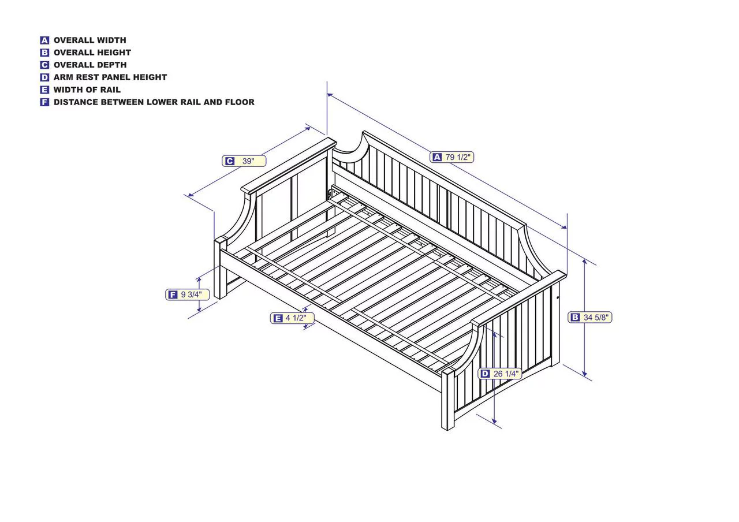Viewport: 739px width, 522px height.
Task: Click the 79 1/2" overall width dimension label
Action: tap(451, 157)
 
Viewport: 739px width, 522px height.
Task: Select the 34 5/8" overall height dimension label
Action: tap(590, 318)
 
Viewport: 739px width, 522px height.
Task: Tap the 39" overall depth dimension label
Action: tap(244, 161)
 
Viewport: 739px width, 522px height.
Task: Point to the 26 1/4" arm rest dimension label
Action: tap(500, 374)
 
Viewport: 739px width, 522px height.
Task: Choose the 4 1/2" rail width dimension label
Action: tap(292, 318)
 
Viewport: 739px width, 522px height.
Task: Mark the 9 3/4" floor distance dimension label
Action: tap(188, 294)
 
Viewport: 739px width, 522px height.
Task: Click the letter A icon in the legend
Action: tap(44, 40)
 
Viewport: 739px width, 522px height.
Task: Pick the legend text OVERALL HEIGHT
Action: tap(92, 53)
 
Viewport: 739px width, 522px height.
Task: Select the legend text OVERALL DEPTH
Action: tap(90, 65)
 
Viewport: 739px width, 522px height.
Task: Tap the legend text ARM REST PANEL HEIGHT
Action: tap(110, 77)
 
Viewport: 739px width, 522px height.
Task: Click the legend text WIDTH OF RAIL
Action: tap(87, 90)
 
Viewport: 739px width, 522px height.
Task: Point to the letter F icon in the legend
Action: tap(44, 102)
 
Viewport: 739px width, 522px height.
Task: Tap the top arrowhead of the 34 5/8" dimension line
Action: tap(585, 261)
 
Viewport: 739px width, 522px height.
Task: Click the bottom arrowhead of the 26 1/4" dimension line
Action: tap(494, 422)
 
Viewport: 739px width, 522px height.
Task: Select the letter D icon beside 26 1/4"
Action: tap(485, 374)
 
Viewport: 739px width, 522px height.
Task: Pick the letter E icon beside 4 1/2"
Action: tap(278, 318)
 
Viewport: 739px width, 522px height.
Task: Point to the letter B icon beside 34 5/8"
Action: tap(575, 318)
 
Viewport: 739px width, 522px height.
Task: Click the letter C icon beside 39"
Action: tap(229, 161)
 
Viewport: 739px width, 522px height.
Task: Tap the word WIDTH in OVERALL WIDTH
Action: tap(111, 40)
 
